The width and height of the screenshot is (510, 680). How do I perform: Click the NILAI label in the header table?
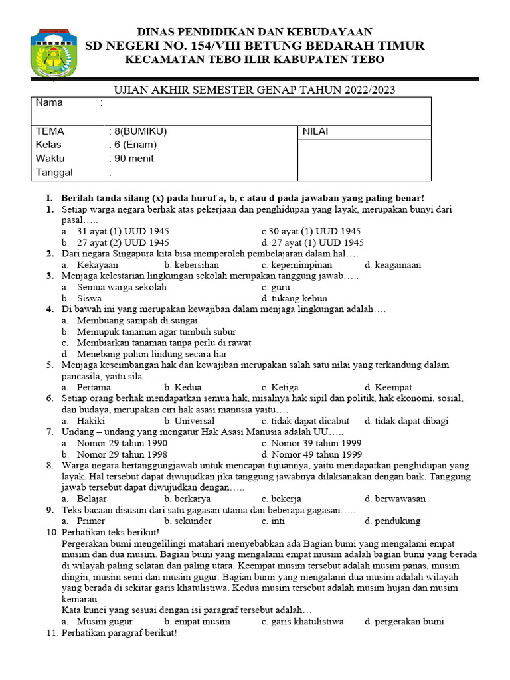(x=315, y=131)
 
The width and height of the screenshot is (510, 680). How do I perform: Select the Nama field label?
(x=49, y=103)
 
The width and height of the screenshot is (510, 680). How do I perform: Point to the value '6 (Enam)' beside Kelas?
(x=135, y=145)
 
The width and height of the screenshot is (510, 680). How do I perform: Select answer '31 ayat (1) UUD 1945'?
(x=123, y=232)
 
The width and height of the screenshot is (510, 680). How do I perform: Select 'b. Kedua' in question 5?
(x=183, y=387)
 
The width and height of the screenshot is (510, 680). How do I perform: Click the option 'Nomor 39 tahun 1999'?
(x=311, y=443)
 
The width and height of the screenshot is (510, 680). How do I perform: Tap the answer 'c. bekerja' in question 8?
(x=282, y=499)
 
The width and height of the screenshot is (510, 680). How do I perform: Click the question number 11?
(x=52, y=634)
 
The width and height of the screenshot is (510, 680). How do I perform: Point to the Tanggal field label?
(x=54, y=173)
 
